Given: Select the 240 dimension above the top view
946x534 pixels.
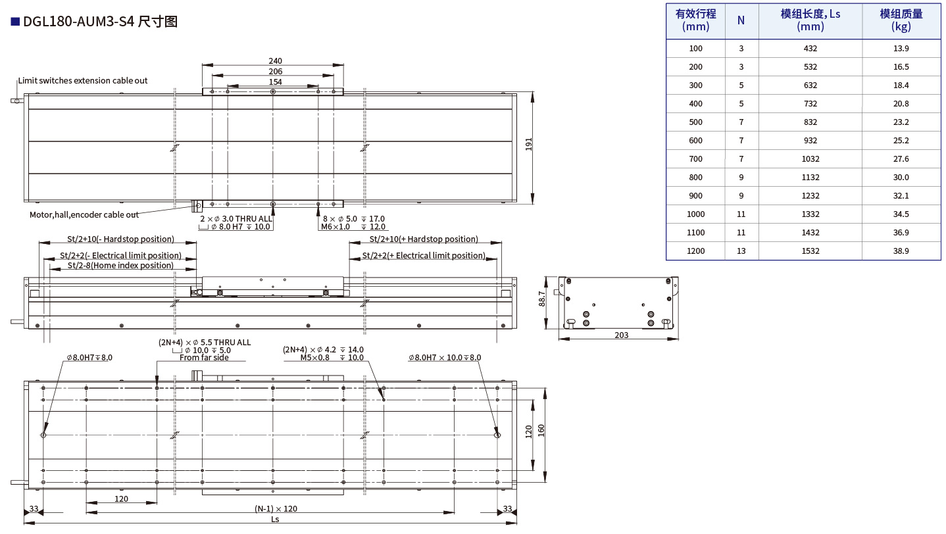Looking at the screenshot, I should tap(275, 61).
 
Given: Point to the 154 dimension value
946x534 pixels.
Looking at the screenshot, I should tap(275, 82).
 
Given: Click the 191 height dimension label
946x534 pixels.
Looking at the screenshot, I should tap(529, 144).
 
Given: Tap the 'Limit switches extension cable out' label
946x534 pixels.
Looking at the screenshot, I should tap(83, 81).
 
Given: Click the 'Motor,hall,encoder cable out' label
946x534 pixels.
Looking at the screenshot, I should tap(84, 215).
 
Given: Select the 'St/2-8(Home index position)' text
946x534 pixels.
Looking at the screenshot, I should tap(120, 266).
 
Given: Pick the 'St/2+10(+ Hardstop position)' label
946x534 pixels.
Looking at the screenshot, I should tap(424, 239).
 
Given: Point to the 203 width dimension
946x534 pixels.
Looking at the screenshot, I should tap(621, 335).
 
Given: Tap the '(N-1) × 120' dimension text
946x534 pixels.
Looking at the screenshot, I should tap(276, 509).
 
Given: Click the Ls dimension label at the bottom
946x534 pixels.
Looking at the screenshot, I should tap(275, 519).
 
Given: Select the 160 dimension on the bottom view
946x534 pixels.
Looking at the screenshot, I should tap(541, 431).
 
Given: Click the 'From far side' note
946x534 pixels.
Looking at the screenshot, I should tap(204, 358).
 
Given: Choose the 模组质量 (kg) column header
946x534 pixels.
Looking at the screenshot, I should tap(901, 20).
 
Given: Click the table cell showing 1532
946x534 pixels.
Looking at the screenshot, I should tap(810, 251).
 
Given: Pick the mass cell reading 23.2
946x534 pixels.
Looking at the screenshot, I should tap(901, 122).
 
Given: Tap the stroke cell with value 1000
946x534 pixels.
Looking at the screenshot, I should tap(695, 214).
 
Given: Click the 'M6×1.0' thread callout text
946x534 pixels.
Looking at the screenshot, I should tap(336, 227).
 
